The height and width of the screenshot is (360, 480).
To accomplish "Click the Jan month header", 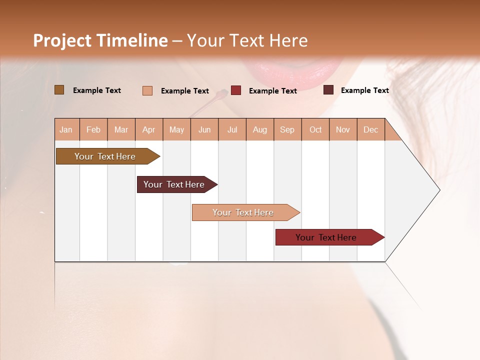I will click(66, 129).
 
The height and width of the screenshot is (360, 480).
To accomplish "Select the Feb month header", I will click(93, 129).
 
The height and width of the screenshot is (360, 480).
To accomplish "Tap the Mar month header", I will click(121, 129).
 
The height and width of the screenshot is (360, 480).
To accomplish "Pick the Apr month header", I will click(149, 129).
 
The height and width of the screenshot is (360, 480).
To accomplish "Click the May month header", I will click(176, 129).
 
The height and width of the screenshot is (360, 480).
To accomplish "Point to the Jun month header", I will click(204, 129).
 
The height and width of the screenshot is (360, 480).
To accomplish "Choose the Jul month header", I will click(232, 129).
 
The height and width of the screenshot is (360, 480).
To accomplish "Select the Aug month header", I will click(260, 129).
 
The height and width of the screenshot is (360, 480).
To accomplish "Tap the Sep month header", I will click(287, 129).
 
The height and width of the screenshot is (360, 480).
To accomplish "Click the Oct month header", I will click(315, 129).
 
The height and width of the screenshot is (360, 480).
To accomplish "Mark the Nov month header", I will click(343, 129).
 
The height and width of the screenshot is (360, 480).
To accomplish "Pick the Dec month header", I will click(370, 129).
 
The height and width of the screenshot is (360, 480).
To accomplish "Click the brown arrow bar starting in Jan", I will click(105, 156).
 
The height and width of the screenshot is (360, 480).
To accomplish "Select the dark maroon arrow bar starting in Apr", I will click(174, 184).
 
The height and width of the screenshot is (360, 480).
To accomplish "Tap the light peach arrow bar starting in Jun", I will click(243, 212).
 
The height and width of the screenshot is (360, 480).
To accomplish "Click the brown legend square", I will click(59, 90).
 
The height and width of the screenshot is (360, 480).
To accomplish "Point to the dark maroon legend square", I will click(328, 90).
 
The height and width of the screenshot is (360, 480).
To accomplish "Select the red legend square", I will click(236, 90).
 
